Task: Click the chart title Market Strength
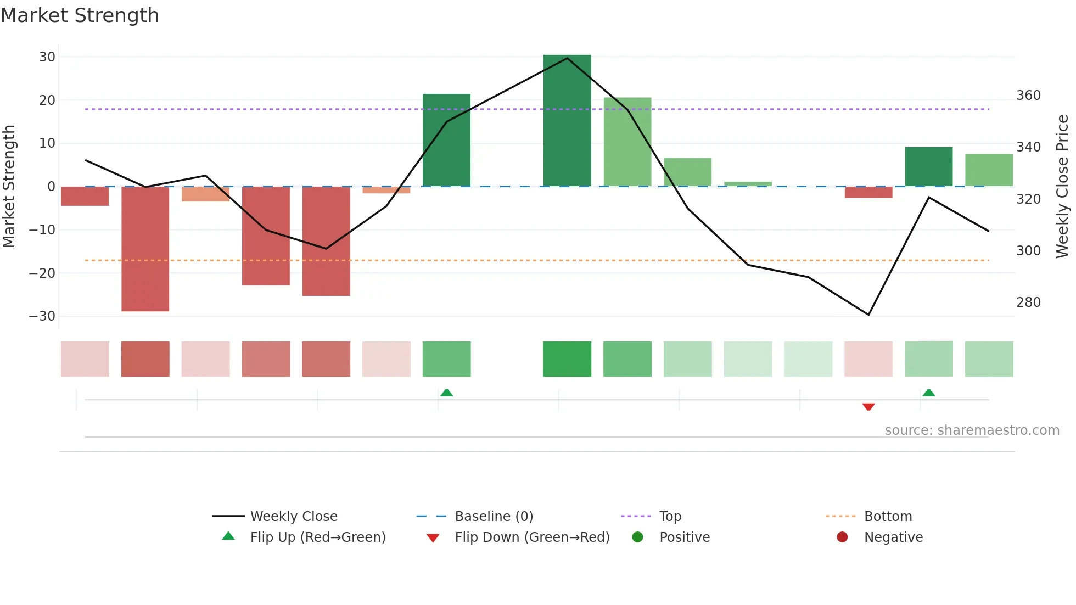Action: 80,15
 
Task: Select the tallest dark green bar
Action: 567,121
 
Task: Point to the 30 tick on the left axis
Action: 47,57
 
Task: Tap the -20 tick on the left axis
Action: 43,273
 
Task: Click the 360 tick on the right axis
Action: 1028,96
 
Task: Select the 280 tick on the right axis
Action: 1028,302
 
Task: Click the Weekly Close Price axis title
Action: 1062,187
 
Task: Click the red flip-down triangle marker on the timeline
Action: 868,407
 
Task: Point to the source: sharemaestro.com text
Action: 972,430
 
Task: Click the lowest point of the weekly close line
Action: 868,315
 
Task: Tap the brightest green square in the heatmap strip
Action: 567,359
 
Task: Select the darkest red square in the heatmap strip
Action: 145,359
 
